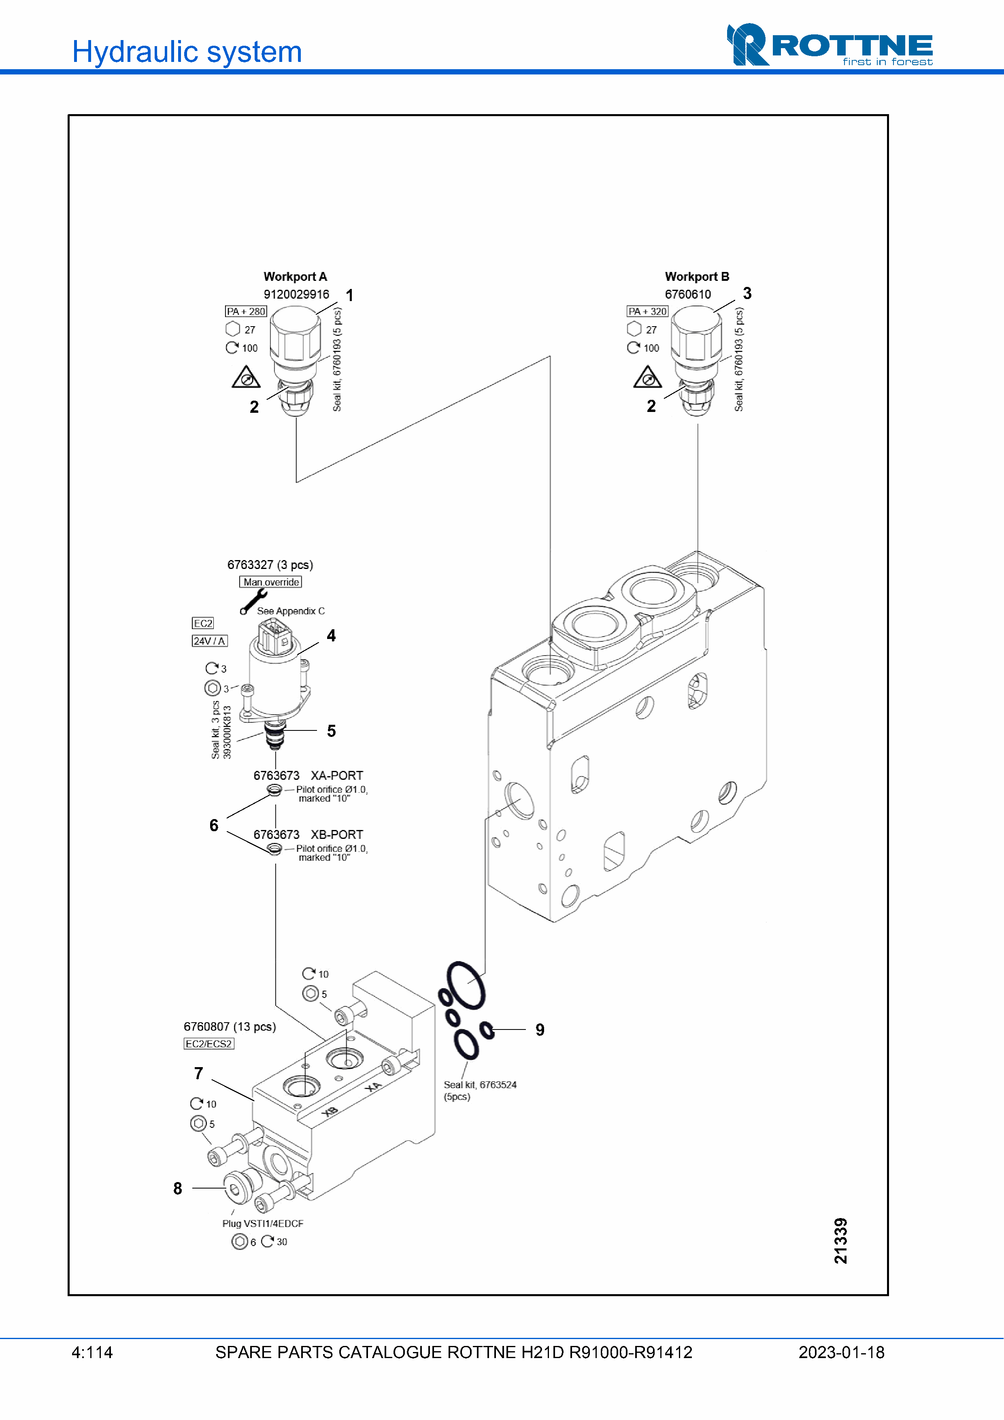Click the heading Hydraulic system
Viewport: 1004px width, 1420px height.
187,52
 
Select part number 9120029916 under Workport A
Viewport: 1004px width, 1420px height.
296,294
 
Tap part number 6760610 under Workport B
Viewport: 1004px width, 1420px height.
688,294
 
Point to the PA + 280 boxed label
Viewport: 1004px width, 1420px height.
246,311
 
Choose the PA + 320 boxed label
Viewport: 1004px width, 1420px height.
647,311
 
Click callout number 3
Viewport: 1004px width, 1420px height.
747,293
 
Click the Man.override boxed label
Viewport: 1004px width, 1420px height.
270,582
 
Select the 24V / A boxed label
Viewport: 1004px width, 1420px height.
209,641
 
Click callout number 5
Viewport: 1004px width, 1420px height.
332,731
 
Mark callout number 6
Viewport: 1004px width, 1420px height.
214,825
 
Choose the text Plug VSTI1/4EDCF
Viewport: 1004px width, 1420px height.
263,1223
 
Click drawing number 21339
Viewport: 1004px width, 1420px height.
841,1241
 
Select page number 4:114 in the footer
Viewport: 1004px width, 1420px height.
92,1352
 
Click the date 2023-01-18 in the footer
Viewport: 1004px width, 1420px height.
841,1352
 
